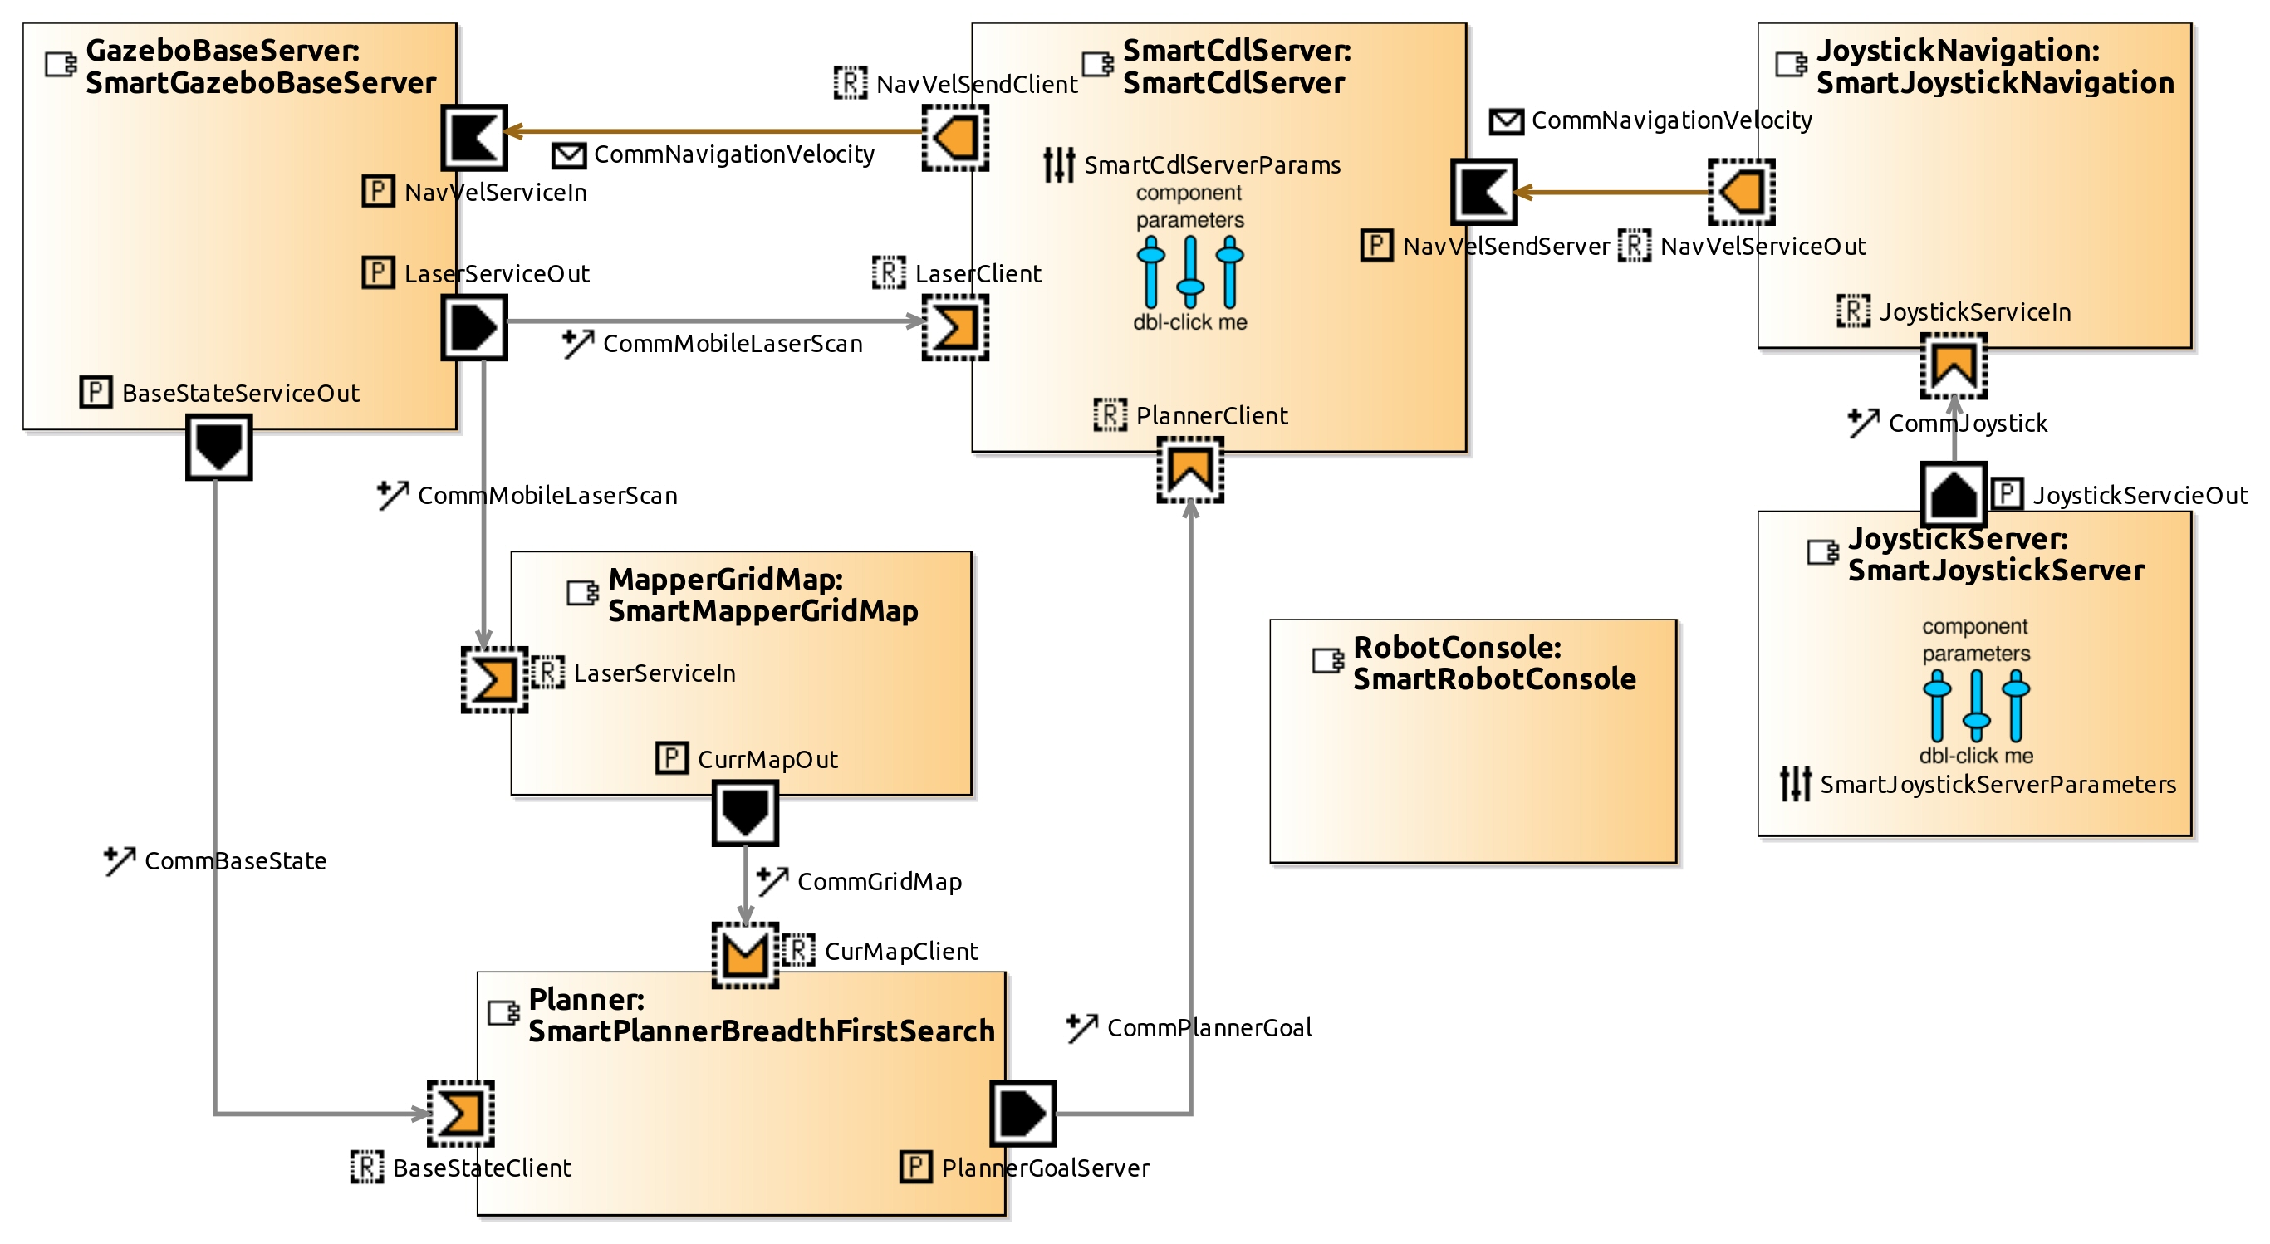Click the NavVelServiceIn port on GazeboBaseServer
click(474, 138)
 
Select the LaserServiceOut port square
click(474, 328)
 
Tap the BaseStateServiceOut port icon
click(218, 448)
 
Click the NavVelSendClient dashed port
click(955, 138)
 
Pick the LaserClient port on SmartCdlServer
click(955, 328)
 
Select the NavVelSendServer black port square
click(1484, 192)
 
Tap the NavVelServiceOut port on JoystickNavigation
click(1741, 192)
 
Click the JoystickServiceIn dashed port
click(1954, 365)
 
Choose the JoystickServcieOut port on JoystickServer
click(1954, 494)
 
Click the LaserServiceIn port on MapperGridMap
click(494, 680)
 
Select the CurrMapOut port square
click(745, 813)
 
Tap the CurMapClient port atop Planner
click(745, 955)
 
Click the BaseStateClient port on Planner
click(461, 1114)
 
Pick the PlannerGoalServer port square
click(1022, 1114)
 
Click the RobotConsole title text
click(1493, 664)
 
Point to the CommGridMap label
click(879, 882)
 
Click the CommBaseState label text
click(235, 861)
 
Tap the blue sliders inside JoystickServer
click(1976, 706)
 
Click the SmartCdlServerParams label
click(1212, 165)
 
